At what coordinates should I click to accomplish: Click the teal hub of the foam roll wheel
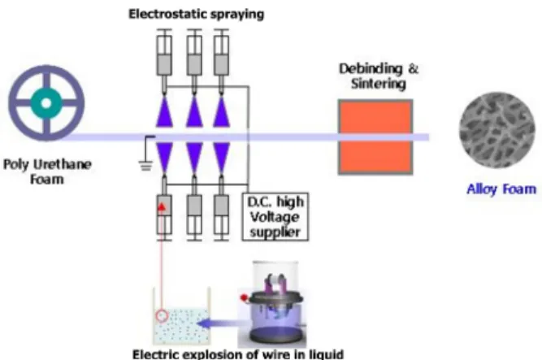pos(46,103)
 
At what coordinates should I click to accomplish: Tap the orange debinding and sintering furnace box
pos(375,137)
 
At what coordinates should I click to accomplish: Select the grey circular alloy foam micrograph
pos(497,130)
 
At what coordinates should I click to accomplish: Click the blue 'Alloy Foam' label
pos(501,189)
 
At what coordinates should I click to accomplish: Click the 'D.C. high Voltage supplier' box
pos(275,217)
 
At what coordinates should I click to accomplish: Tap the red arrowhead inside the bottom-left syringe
pos(162,206)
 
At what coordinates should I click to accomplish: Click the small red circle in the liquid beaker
pos(162,315)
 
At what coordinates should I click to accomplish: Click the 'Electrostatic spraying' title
pos(197,14)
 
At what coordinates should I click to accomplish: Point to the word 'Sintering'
pos(379,84)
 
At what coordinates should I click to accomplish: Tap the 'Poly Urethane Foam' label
pos(47,171)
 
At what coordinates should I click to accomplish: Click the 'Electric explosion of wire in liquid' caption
pos(238,354)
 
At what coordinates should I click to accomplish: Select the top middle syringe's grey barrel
pos(194,64)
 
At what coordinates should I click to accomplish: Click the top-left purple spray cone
pos(164,111)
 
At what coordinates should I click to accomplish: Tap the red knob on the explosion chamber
pos(244,297)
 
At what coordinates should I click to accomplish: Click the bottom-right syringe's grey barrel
pos(221,206)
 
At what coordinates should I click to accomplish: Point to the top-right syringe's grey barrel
pos(221,64)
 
